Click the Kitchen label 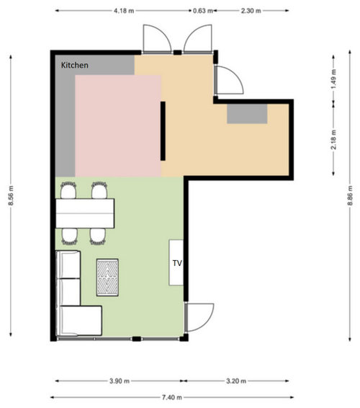[x=75, y=65]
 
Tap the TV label [x=177, y=263]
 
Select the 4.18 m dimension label [x=124, y=11]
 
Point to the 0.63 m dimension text [x=203, y=11]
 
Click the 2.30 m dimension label [x=251, y=11]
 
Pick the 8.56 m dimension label [x=11, y=195]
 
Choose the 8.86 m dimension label [x=350, y=195]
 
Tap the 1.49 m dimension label [x=334, y=79]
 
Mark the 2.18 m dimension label [x=334, y=139]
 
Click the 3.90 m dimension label [x=120, y=381]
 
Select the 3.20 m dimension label [x=236, y=381]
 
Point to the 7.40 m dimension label [x=172, y=397]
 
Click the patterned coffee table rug [x=107, y=278]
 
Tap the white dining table [x=85, y=213]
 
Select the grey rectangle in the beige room [x=247, y=114]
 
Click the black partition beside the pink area [x=163, y=131]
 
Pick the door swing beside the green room [x=199, y=317]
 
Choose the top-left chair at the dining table [x=68, y=190]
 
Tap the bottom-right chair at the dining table [x=98, y=236]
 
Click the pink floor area [x=118, y=126]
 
